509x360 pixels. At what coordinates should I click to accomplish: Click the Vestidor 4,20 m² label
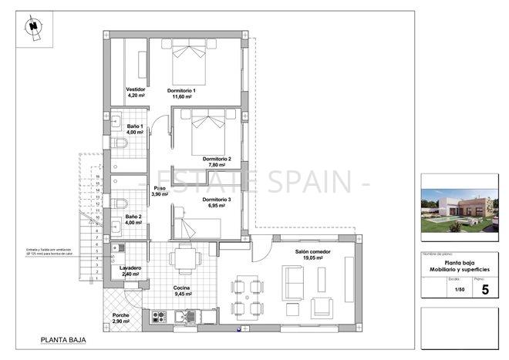tap(136, 93)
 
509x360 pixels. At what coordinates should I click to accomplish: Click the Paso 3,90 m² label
tap(160, 191)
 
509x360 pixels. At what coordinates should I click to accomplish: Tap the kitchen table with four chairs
tap(184, 259)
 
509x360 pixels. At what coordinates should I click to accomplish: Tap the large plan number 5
tap(484, 290)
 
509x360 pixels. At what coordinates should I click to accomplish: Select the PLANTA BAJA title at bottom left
tap(63, 339)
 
